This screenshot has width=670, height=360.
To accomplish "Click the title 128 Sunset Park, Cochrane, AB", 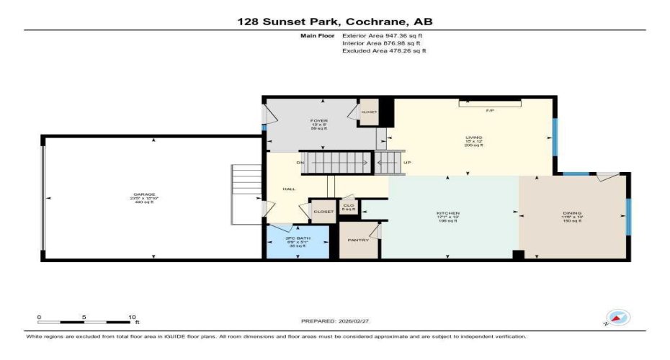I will click(x=335, y=22).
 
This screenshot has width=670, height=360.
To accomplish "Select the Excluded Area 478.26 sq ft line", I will click(x=384, y=51).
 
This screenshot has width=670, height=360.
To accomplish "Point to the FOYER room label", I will click(x=318, y=121).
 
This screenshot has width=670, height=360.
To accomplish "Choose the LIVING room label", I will click(x=473, y=137).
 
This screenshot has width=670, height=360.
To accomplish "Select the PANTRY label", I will click(x=358, y=240).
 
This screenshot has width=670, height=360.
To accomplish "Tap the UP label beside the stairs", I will click(x=407, y=162).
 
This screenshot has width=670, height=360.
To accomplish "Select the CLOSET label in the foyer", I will click(x=370, y=112).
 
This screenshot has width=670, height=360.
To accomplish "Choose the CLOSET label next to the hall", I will click(x=323, y=212).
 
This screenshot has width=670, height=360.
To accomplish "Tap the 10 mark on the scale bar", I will click(x=132, y=317).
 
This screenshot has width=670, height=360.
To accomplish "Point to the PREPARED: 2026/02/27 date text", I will click(x=335, y=321).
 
